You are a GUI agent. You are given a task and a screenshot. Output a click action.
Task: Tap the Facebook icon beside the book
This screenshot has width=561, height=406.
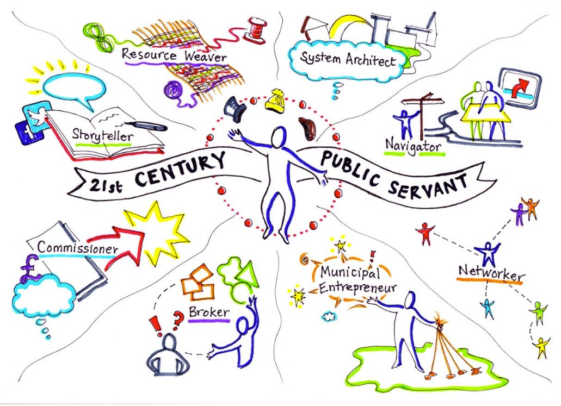(28, 132)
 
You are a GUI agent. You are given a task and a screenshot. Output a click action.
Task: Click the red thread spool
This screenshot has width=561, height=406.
(254, 29)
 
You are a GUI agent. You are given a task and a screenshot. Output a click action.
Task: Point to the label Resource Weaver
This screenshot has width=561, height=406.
(174, 55)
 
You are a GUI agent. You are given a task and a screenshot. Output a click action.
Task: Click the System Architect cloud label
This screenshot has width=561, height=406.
(349, 59)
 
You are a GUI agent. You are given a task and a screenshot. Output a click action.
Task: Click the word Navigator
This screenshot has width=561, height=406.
(413, 145)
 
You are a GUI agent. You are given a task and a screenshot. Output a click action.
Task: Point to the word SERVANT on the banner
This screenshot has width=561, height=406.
(429, 182)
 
